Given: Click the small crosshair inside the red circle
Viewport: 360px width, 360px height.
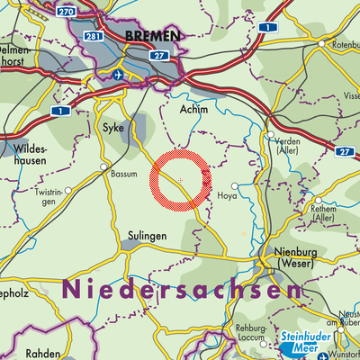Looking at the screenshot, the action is [181, 181].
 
